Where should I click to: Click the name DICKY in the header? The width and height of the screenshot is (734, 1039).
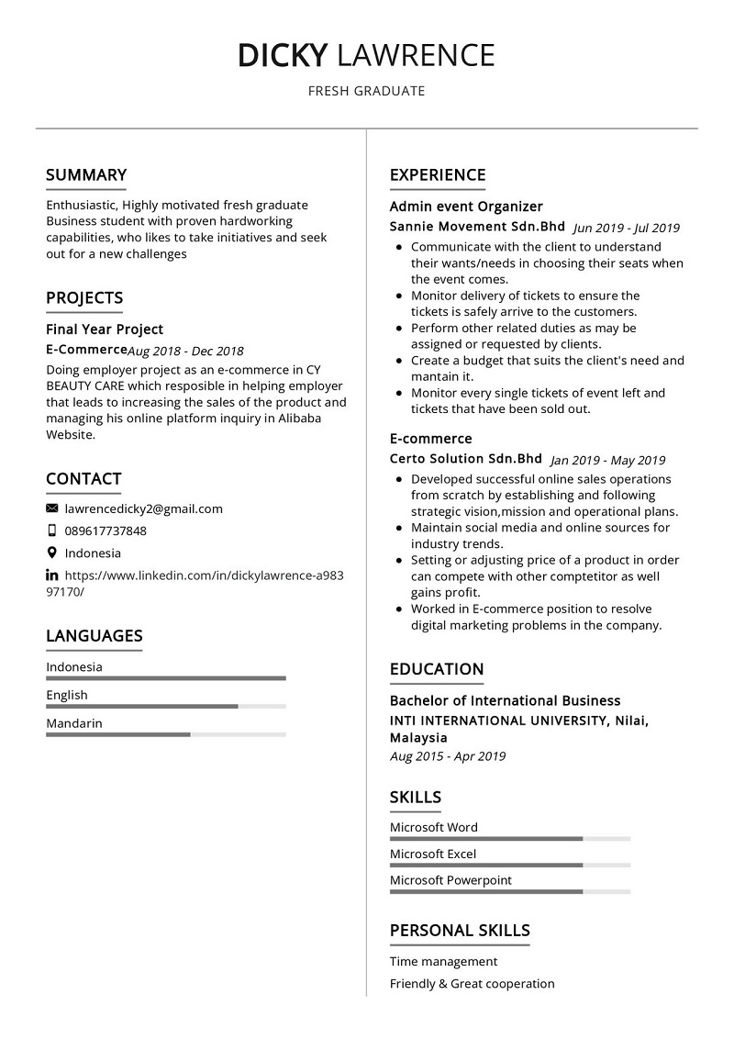282,56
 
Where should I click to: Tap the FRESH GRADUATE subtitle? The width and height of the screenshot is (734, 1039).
366,91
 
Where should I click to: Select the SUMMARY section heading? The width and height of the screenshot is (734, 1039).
86,175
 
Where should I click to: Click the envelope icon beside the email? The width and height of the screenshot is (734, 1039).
52,508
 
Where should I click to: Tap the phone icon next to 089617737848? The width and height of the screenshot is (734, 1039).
52,531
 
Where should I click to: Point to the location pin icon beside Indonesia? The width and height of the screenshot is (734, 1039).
52,553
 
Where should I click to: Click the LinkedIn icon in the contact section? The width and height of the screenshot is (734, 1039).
52,575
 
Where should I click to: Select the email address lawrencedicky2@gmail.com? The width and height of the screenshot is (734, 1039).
143,508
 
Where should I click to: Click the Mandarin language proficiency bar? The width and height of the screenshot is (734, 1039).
165,734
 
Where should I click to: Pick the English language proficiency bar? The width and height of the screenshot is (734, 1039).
165,707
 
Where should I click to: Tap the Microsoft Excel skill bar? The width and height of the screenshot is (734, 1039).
509,865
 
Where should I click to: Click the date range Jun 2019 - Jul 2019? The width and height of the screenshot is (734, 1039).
626,228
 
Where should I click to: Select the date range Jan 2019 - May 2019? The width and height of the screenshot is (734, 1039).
607,461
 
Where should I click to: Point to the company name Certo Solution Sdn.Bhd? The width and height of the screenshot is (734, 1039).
466,459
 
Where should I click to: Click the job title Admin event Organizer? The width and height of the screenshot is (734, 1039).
466,207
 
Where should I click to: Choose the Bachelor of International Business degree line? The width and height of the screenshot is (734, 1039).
505,700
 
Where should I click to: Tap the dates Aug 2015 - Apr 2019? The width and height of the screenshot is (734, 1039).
448,756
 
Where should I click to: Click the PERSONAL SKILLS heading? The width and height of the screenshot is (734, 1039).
460,931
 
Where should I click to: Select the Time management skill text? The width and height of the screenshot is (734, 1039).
443,961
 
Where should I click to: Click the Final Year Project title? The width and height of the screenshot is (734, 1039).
105,329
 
